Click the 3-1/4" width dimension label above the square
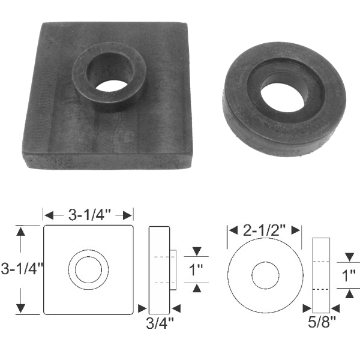(88, 214)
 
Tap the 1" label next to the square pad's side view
(196, 270)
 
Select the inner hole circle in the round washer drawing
(265, 275)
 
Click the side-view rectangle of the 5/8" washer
(322, 275)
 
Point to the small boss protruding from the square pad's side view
(173, 270)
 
